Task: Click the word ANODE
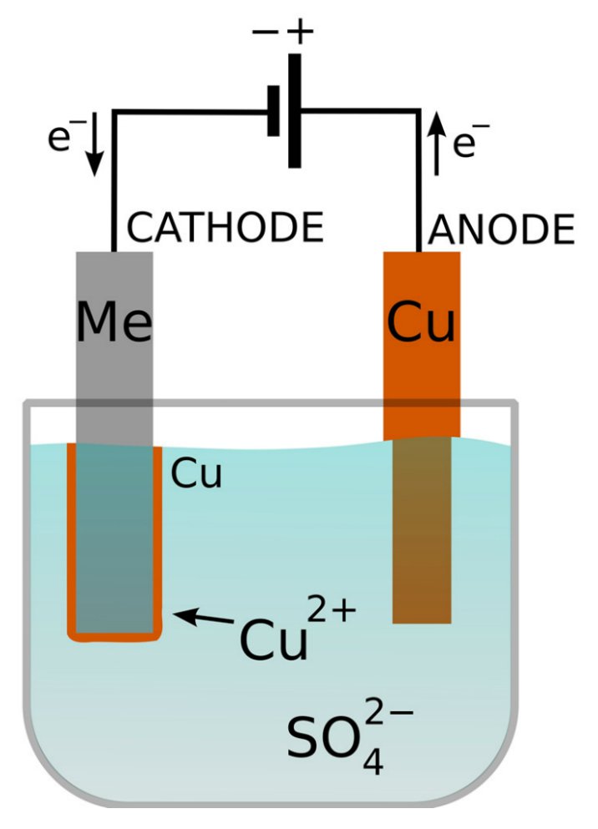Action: [x=501, y=227]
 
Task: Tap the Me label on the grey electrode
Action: [x=114, y=323]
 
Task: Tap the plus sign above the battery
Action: [x=301, y=32]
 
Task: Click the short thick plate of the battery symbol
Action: [x=273, y=110]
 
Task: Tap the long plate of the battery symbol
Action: [x=294, y=110]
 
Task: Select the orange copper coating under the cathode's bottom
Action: [x=114, y=636]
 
